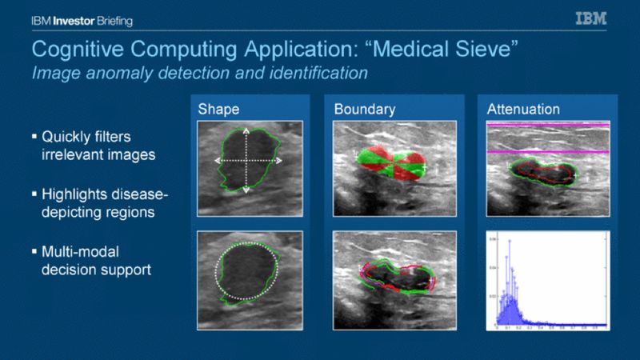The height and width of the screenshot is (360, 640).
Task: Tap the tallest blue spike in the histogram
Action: point(509,240)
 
